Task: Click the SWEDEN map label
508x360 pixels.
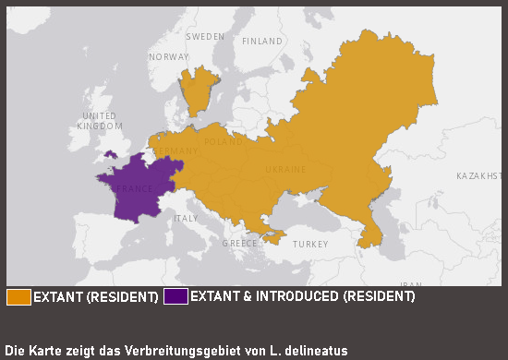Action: [x=205, y=36]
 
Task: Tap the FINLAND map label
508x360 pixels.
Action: [x=262, y=42]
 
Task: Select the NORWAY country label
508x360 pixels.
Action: [x=168, y=56]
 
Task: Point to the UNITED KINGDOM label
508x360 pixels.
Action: [x=99, y=120]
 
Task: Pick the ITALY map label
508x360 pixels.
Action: [x=186, y=219]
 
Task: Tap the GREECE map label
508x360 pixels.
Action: [x=239, y=244]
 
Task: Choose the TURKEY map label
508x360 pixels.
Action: [x=309, y=245]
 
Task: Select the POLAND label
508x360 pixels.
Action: [x=224, y=142]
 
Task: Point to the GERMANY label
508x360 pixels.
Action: [x=175, y=151]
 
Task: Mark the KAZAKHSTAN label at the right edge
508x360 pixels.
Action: [x=480, y=175]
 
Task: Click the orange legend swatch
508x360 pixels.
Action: [x=18, y=296]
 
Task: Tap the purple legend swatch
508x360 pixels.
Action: [x=175, y=296]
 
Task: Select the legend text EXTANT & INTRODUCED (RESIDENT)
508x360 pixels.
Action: [x=302, y=296]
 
